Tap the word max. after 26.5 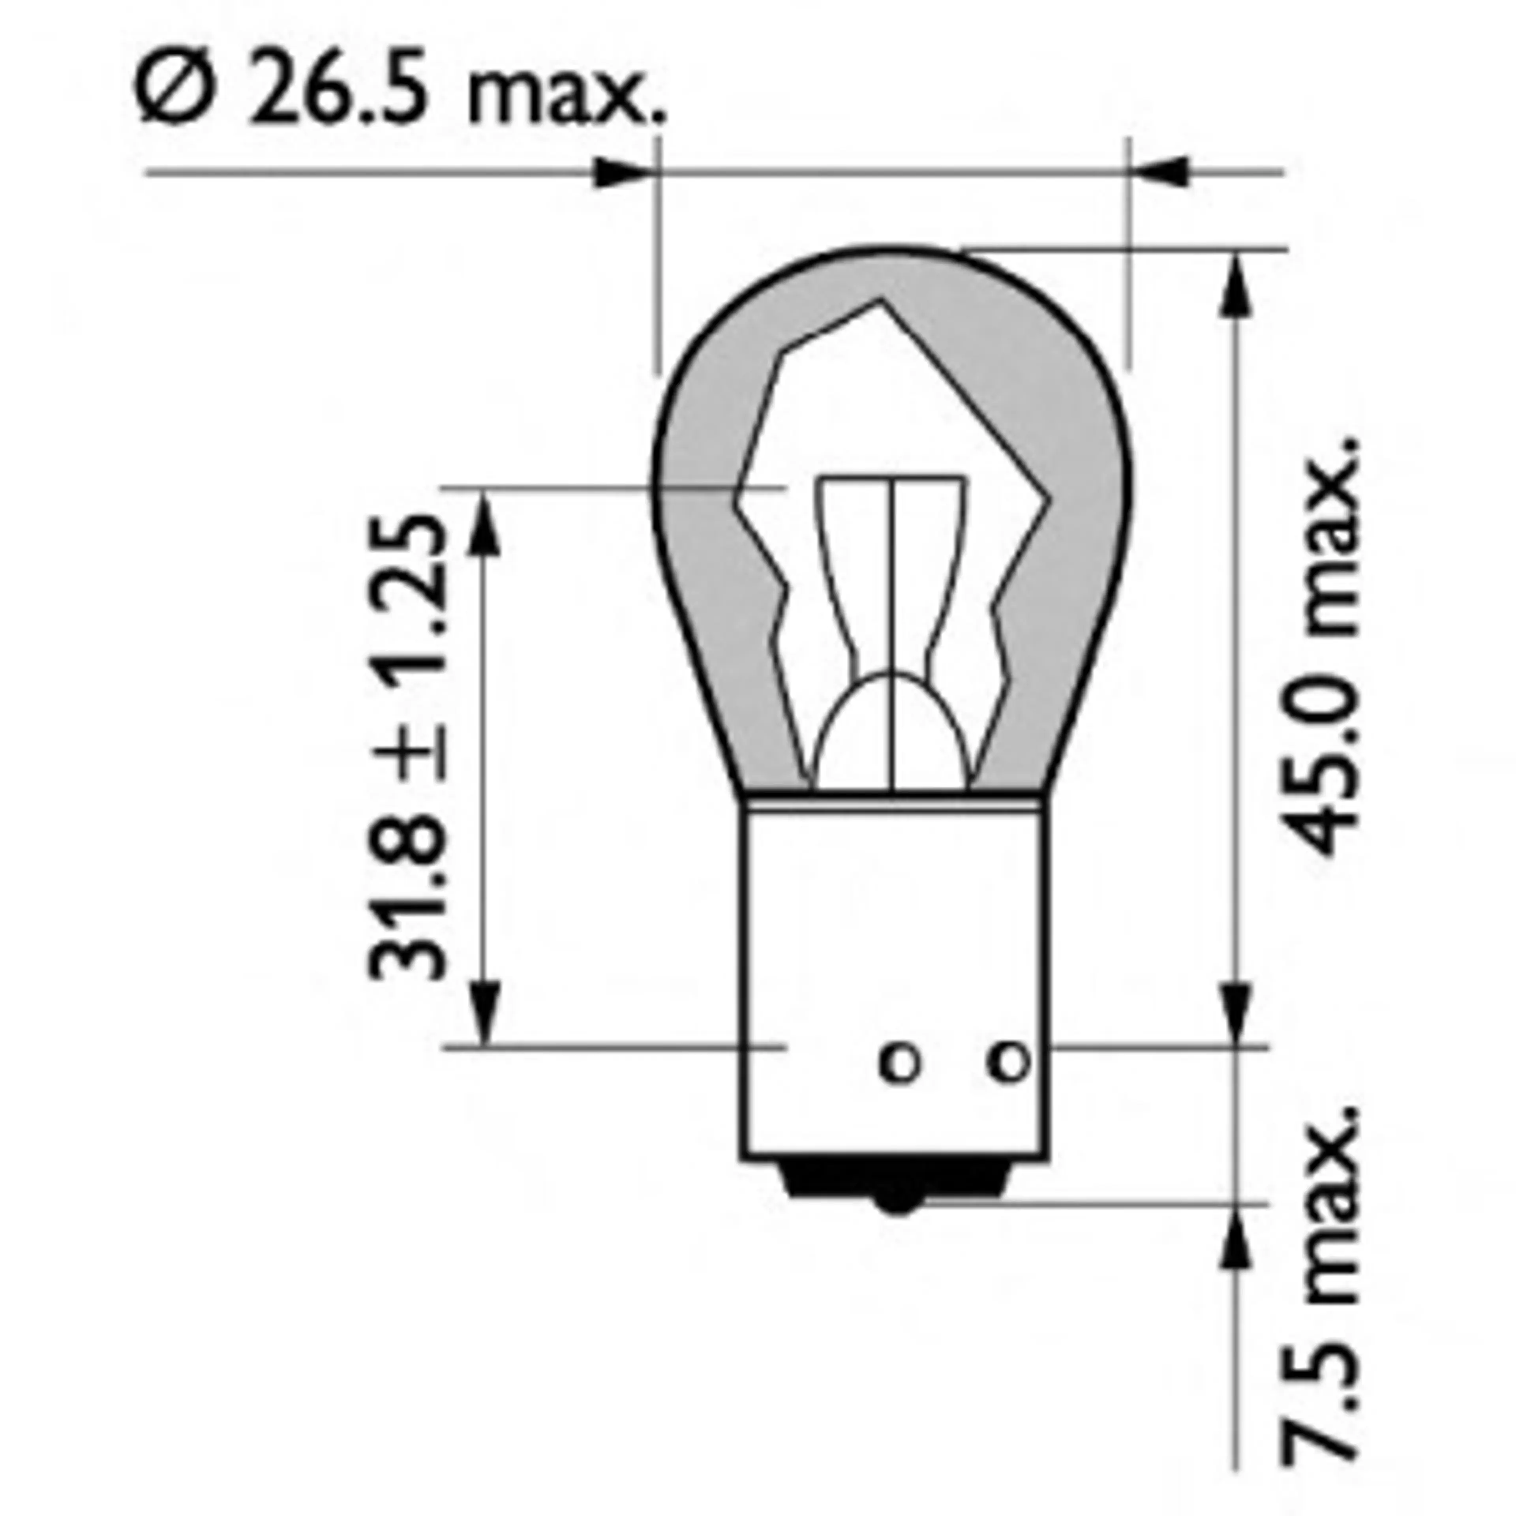(565, 98)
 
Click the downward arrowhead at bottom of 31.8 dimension (486, 1012)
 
